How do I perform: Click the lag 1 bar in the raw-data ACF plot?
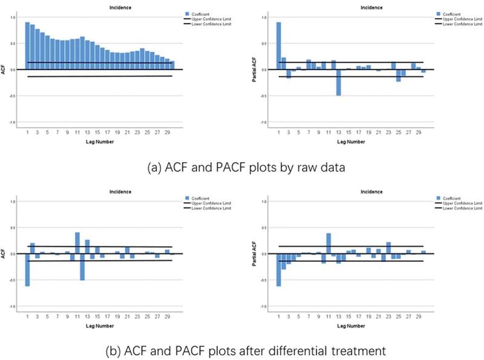[27, 45]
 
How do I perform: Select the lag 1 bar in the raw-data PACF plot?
[278, 45]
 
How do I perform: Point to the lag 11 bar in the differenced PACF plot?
[329, 243]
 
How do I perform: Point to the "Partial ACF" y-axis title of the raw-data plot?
[257, 69]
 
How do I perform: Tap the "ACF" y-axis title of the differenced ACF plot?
[5, 253]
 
